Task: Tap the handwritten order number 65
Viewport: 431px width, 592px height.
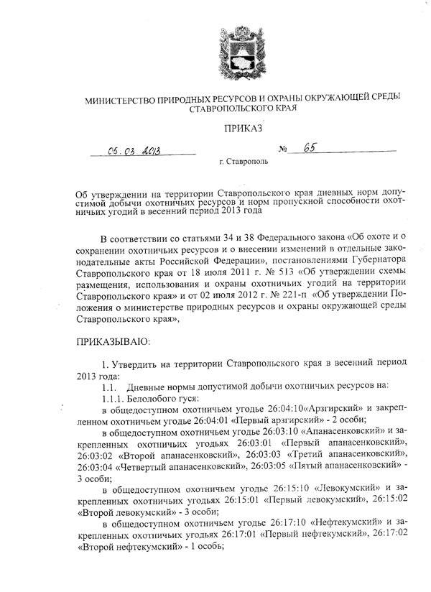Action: pyautogui.click(x=310, y=148)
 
